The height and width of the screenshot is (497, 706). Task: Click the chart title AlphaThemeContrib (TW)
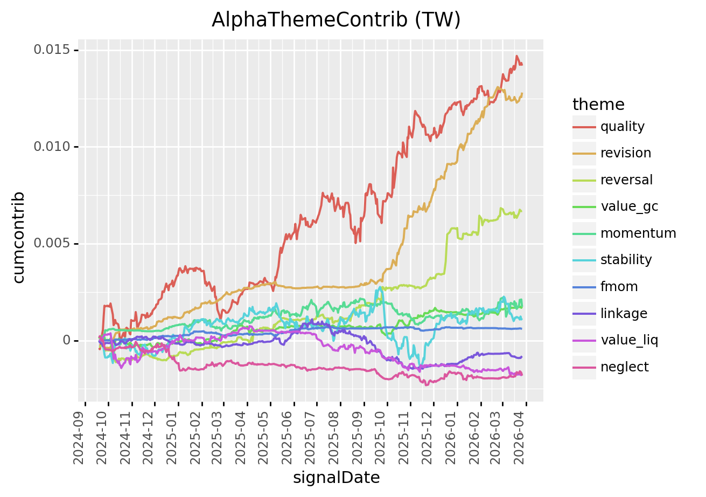[336, 20]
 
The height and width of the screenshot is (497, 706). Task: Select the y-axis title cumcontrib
[19, 237]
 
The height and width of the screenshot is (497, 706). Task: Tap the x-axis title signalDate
[336, 478]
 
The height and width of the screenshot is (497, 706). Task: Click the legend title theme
[598, 104]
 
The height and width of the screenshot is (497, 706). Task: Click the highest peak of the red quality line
[516, 56]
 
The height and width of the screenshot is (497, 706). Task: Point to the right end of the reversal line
[521, 211]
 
